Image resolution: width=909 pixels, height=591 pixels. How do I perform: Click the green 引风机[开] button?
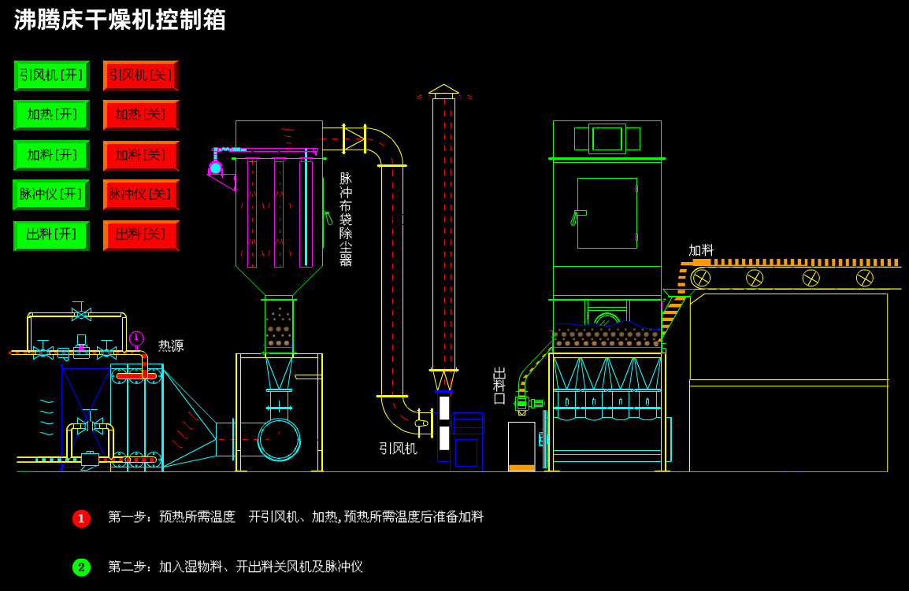coord(51,76)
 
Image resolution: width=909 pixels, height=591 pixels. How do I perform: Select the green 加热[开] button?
coord(51,115)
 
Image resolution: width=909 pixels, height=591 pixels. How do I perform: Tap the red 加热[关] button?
coord(140,115)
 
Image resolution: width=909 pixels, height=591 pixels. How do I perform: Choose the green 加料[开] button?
coord(51,155)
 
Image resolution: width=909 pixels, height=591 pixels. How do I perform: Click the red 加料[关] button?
coord(140,155)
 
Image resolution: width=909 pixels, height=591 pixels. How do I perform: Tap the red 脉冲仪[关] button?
coord(140,194)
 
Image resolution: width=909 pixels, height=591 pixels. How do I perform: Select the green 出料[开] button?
coord(51,235)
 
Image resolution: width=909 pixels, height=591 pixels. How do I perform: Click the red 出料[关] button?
coord(140,235)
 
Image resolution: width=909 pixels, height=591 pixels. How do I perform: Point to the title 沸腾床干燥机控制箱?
coord(120,20)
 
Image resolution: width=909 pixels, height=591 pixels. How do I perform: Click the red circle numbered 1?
coord(81,519)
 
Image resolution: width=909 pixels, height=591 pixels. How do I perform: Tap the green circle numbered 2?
coord(81,567)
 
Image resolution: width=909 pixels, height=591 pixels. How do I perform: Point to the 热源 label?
coord(171,345)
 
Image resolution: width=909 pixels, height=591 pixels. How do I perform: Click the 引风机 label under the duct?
coord(398,449)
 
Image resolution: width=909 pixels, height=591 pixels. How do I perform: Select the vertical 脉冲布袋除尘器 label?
coord(345,220)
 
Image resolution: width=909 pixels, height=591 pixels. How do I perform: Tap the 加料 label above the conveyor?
coord(701,250)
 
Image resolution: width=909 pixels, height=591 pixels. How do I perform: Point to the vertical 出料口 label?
coord(499,386)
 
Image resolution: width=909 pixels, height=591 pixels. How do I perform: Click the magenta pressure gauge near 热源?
coord(136,338)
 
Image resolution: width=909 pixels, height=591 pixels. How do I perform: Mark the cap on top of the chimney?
coord(443,90)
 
